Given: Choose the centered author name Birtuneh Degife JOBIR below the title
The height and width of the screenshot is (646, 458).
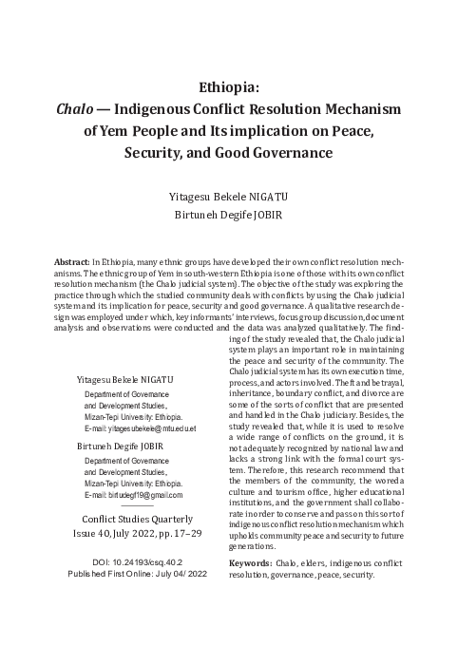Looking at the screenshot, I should [x=229, y=216].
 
